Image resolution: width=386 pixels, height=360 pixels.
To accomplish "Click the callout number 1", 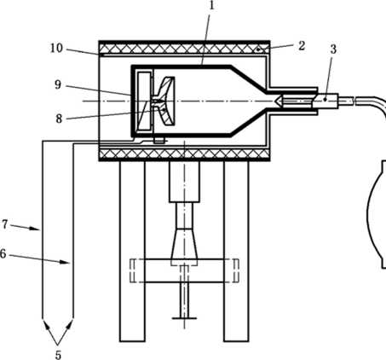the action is (x=211, y=6).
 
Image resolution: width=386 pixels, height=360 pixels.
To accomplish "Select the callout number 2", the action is (x=302, y=45).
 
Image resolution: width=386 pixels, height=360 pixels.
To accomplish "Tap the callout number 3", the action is (x=333, y=49).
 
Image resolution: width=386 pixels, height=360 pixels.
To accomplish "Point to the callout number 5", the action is (x=58, y=355).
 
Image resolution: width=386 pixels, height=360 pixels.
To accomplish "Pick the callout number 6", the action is (x=3, y=253).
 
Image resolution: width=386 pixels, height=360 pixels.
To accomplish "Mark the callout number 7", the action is (x=4, y=224).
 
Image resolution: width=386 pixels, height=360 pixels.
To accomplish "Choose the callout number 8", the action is (x=59, y=119).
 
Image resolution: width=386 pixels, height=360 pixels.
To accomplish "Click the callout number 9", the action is (x=58, y=84).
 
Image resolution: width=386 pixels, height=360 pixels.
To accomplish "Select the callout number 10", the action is (x=56, y=48).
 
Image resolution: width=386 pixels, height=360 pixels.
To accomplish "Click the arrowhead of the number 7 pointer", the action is (x=35, y=228).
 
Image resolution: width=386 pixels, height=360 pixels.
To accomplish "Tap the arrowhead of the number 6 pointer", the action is (x=65, y=262).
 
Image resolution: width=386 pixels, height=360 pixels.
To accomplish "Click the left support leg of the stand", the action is (x=132, y=251).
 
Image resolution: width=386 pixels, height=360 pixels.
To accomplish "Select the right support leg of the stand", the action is (x=236, y=251).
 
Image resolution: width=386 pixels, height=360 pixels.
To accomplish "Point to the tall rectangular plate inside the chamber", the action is (x=144, y=102).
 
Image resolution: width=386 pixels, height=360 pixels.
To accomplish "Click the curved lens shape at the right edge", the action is (x=376, y=214).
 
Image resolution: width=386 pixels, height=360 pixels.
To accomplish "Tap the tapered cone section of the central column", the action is (x=184, y=247).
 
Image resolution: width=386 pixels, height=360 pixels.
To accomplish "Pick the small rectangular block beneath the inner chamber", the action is (x=158, y=141).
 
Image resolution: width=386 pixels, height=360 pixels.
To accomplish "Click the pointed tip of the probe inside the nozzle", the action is (x=277, y=102).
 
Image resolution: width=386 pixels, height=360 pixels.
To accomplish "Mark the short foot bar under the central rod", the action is (x=184, y=318).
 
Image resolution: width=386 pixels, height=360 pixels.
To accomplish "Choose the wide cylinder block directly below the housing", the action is (x=184, y=182).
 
